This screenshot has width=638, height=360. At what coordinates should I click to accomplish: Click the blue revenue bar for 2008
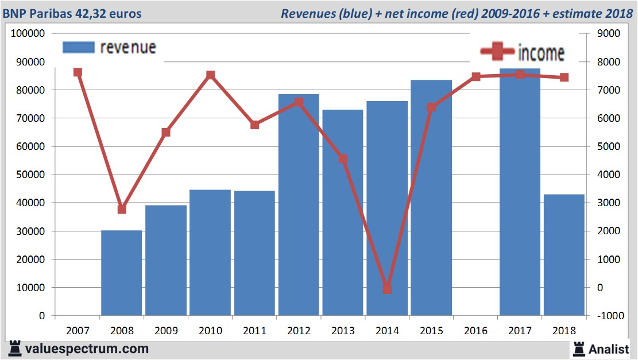tap(121, 273)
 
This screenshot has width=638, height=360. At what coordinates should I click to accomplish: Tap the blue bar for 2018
tap(564, 255)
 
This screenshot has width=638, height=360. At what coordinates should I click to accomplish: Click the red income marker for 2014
tap(387, 289)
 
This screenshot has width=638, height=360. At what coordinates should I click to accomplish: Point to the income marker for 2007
tap(78, 72)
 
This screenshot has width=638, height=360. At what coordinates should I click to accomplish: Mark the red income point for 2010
tap(210, 75)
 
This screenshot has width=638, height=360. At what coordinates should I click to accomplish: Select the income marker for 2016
tap(476, 76)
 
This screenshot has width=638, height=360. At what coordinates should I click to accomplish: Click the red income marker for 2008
tap(122, 209)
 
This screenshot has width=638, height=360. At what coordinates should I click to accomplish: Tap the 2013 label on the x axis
tap(343, 331)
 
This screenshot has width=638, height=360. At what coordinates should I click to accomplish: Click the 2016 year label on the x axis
tap(476, 331)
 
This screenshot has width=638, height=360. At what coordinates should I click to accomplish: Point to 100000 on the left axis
tap(28, 33)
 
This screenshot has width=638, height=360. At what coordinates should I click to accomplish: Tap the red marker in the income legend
tap(497, 52)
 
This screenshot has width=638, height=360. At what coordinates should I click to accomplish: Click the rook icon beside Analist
tap(579, 348)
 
